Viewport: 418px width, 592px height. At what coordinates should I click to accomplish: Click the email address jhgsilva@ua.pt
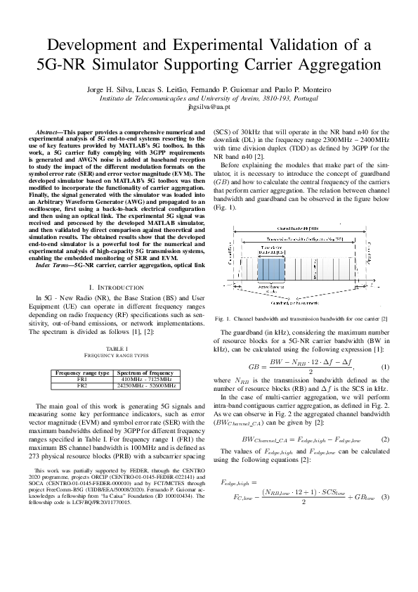209,107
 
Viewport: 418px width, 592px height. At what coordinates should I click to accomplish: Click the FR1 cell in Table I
82,379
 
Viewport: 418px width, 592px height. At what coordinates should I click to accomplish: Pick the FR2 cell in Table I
82,385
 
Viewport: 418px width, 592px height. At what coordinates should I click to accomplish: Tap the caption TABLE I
117,349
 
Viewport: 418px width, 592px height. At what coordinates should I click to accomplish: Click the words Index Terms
53,266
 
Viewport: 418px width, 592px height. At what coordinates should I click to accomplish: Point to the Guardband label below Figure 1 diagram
296,303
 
